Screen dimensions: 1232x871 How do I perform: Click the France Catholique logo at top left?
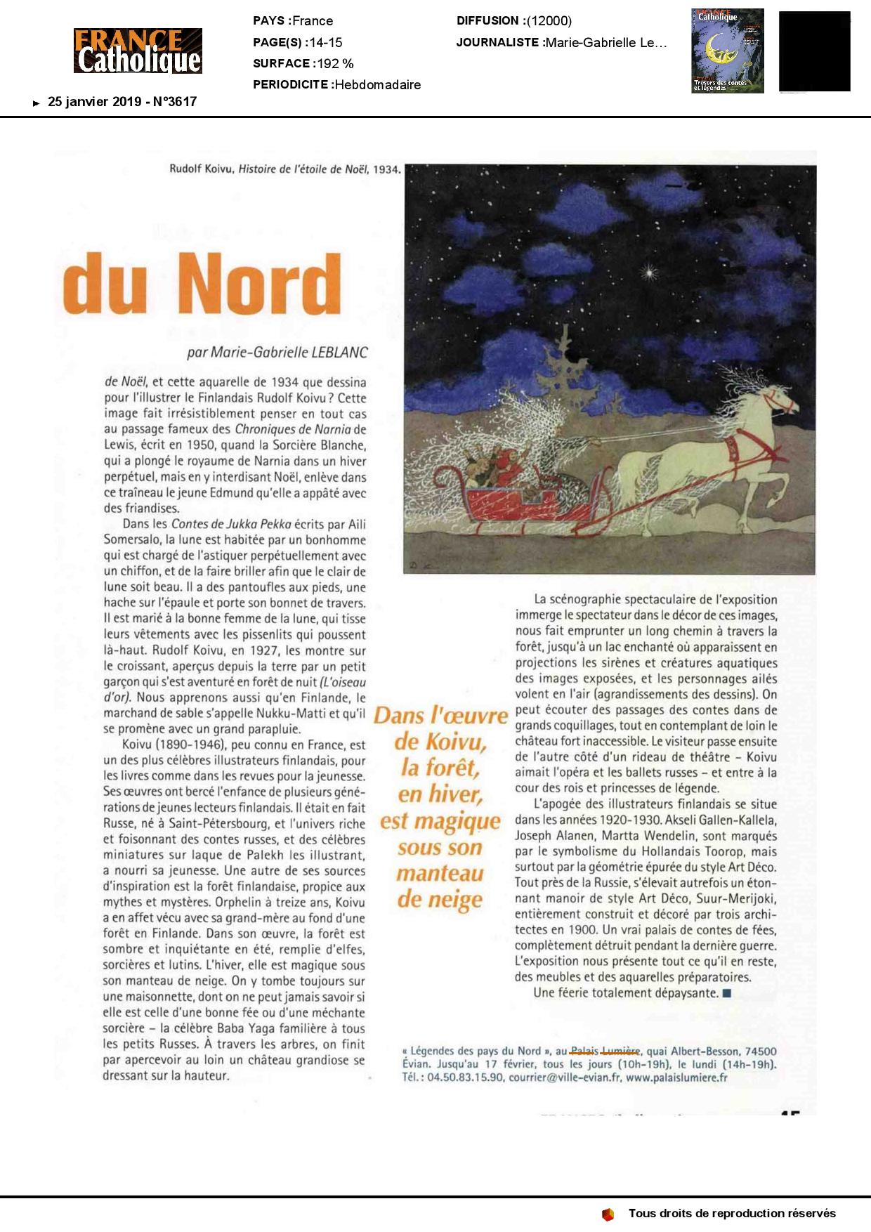coord(138,51)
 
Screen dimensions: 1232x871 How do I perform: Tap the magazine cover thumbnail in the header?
coord(727,51)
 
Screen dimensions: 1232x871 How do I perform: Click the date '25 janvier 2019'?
coord(94,102)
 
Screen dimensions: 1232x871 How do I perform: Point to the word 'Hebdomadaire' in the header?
coord(378,85)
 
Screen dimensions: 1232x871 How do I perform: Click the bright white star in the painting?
coord(649,271)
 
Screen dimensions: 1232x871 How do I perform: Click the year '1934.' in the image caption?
coord(387,169)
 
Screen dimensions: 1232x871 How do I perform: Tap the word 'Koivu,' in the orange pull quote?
coord(440,742)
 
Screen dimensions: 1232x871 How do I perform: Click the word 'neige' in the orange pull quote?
coord(440,899)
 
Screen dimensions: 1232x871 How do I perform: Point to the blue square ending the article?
coord(727,993)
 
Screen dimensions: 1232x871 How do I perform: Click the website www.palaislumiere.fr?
coord(676,1077)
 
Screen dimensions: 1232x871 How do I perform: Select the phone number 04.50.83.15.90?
coord(465,1077)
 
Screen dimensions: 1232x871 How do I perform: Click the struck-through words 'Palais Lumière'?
coord(605,1051)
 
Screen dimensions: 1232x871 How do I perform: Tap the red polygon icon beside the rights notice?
coord(608,1214)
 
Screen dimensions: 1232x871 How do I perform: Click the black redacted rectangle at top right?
coord(815,51)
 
